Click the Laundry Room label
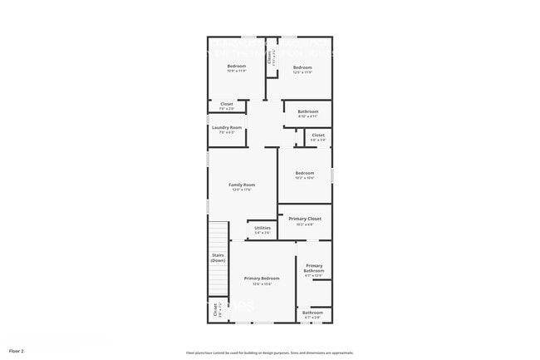point(227,127)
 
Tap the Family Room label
point(242,185)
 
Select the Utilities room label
point(263,228)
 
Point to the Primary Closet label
point(305,219)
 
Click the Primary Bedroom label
point(262,279)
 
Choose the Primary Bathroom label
point(314,269)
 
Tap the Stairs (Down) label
point(218,258)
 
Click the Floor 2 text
point(17,352)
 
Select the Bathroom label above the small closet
point(308,111)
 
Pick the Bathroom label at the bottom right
point(313,313)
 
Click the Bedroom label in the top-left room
point(237,66)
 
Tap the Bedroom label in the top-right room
point(302,67)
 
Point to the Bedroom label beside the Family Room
point(305,173)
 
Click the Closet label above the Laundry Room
point(227,104)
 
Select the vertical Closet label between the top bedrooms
point(270,59)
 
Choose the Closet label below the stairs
point(215,311)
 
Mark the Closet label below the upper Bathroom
point(318,135)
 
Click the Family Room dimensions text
point(242,190)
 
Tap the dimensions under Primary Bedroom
point(262,284)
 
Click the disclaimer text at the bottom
point(270,353)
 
